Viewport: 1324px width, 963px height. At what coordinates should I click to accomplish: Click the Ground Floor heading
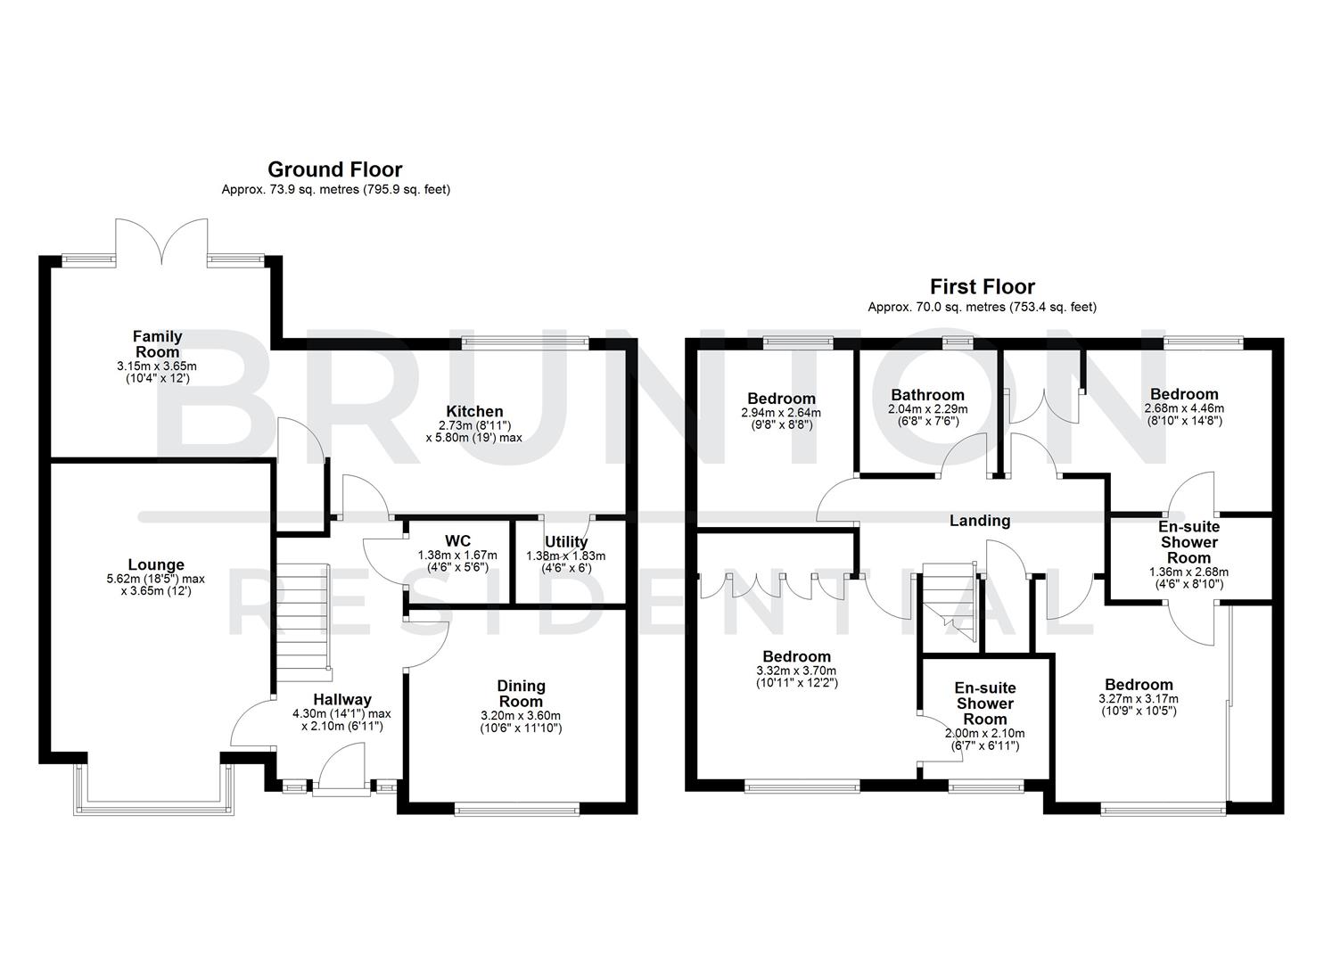(x=334, y=169)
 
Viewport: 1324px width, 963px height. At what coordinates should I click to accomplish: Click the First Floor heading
(x=982, y=286)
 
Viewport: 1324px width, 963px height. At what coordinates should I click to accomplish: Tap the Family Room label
(x=157, y=343)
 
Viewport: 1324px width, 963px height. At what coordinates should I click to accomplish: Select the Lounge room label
(x=156, y=564)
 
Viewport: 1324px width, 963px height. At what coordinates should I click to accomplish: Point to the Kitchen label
(x=474, y=411)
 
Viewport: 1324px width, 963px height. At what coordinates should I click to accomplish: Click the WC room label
(x=457, y=541)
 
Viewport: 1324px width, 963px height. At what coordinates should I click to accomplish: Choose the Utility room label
(x=566, y=541)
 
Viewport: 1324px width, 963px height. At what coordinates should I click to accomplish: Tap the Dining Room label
(x=521, y=693)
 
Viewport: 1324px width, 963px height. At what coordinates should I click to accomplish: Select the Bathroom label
(x=927, y=395)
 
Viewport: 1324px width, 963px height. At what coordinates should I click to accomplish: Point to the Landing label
(x=980, y=521)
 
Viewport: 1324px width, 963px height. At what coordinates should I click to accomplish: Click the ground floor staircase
(x=302, y=615)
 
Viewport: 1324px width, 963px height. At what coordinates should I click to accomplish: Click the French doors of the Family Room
(x=162, y=241)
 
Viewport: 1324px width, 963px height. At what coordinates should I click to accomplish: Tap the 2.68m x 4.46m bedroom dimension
(x=1183, y=410)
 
